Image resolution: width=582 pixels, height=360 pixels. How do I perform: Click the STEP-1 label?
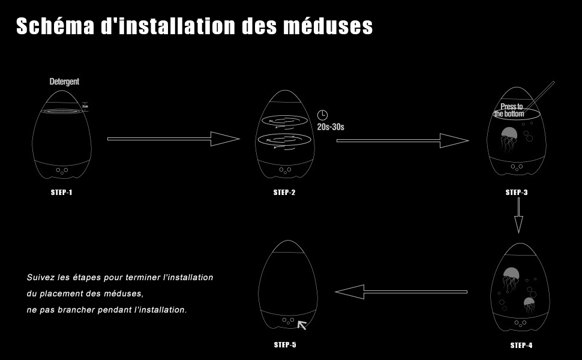(x=62, y=193)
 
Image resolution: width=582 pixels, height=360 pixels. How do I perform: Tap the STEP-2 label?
(x=284, y=193)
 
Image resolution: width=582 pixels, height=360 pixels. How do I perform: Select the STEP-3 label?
(x=517, y=193)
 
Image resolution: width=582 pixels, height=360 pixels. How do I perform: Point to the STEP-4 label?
(x=521, y=345)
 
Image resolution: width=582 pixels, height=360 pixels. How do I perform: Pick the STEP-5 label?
(x=285, y=344)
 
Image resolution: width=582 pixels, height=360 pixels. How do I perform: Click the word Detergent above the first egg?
(x=64, y=82)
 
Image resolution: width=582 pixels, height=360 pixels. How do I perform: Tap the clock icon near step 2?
(x=322, y=115)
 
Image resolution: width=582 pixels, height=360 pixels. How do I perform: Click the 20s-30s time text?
(x=330, y=127)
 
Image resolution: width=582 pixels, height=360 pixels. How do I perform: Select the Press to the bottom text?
(x=511, y=110)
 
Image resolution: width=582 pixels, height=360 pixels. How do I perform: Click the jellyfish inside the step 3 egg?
(x=509, y=139)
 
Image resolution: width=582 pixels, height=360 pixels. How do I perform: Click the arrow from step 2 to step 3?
(x=402, y=141)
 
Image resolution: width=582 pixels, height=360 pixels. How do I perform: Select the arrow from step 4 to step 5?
(x=401, y=292)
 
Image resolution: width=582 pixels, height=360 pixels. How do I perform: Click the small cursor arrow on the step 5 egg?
(x=302, y=325)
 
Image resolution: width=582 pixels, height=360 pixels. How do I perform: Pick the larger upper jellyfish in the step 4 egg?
(x=510, y=277)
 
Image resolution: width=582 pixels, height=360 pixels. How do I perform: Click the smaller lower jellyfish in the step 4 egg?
(x=529, y=305)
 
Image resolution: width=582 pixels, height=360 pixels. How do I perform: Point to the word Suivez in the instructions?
(x=40, y=278)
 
